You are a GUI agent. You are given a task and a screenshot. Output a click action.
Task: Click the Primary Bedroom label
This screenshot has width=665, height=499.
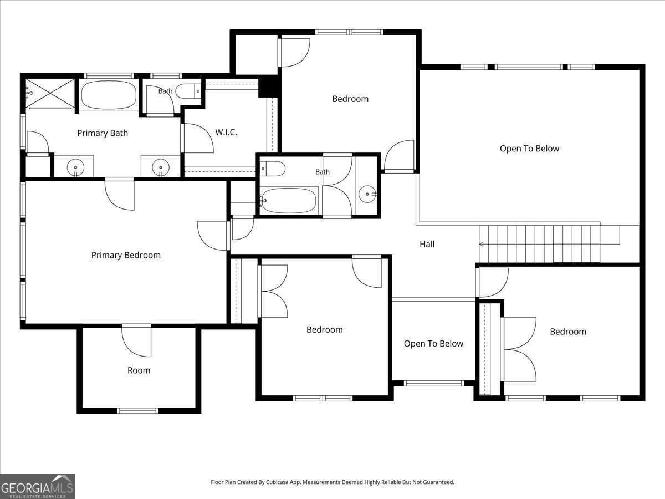pyautogui.click(x=126, y=255)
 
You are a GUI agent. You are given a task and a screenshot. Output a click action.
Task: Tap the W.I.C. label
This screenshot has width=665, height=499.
pyautogui.click(x=226, y=132)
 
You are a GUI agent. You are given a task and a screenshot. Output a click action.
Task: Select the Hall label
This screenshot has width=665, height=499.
pyautogui.click(x=427, y=244)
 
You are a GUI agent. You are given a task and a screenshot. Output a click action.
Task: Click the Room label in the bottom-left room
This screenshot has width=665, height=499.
pyautogui.click(x=139, y=370)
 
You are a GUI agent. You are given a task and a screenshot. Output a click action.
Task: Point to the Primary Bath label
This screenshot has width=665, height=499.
pyautogui.click(x=103, y=133)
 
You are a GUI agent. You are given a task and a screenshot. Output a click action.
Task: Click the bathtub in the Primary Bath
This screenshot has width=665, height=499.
pyautogui.click(x=109, y=95)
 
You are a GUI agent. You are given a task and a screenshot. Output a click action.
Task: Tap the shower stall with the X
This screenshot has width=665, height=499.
pyautogui.click(x=50, y=93)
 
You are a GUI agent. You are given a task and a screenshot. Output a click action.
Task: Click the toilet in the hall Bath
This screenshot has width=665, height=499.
pyautogui.click(x=272, y=169)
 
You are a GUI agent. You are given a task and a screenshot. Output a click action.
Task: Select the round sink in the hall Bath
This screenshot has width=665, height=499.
pyautogui.click(x=367, y=194)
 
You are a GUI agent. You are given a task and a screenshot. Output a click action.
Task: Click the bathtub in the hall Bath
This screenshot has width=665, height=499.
pyautogui.click(x=288, y=200)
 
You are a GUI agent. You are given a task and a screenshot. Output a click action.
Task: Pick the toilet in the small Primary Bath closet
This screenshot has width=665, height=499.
pyautogui.click(x=188, y=91)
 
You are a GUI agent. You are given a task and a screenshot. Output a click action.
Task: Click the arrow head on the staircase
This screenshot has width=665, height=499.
pyautogui.click(x=481, y=244)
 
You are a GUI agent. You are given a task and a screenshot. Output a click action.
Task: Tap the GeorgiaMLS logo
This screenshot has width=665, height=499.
pyautogui.click(x=38, y=486)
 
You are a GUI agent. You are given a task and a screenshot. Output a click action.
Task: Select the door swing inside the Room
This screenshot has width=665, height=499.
pyautogui.click(x=136, y=342)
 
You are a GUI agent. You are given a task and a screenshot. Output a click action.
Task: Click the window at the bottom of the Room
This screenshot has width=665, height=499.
pyautogui.click(x=138, y=410)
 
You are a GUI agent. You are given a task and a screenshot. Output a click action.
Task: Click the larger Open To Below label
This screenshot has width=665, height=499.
pyautogui.click(x=529, y=149)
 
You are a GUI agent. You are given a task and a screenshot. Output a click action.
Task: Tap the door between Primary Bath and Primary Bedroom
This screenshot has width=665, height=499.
pyautogui.click(x=120, y=194)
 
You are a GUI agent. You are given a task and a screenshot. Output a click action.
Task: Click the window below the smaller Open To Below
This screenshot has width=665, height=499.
pyautogui.click(x=434, y=383)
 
